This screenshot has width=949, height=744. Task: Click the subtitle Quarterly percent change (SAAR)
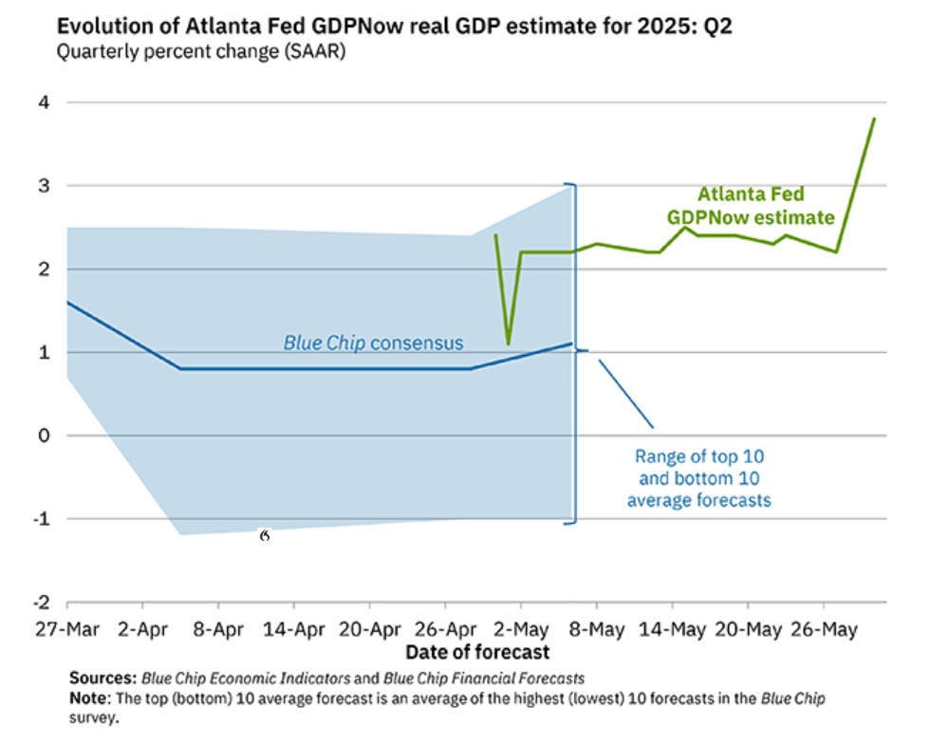pos(200,52)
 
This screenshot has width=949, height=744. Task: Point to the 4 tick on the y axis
pos(44,102)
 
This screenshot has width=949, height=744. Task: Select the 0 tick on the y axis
pos(44,436)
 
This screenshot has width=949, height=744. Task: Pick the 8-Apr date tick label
pos(217,629)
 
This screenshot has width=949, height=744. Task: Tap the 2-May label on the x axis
pos(519,629)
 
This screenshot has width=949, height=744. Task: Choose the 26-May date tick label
pos(822,629)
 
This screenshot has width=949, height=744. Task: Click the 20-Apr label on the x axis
pos(368,629)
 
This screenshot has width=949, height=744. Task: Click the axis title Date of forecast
pos(477,652)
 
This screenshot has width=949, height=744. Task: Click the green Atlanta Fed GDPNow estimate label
pos(750,206)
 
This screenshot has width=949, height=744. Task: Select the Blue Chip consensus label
pos(373,342)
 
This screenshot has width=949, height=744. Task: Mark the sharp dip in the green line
pos(509,343)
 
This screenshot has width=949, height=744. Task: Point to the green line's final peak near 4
pos(873,119)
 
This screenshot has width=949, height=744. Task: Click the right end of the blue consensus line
pos(571,344)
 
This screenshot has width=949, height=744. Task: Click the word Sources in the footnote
pos(102,679)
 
